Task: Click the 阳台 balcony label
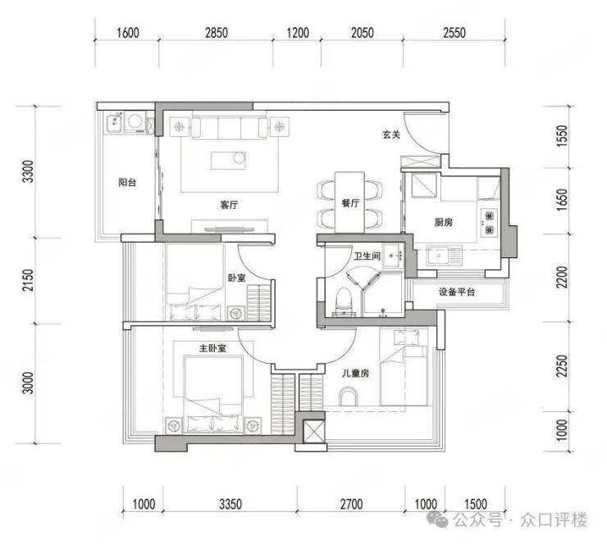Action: coord(127,182)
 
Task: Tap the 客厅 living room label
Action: coord(229,205)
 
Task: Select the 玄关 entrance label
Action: coord(391,134)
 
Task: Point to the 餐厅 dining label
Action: coord(350,203)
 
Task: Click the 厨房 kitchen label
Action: coord(443,222)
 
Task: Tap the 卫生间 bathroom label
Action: coord(367,256)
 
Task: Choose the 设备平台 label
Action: coord(456,292)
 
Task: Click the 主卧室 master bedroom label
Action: coord(212,348)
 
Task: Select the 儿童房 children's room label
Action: coord(355,373)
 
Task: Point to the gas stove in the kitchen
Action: coord(490,222)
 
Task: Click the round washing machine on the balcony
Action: coord(135,121)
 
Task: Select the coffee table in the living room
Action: coord(228,160)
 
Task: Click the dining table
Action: coord(349,202)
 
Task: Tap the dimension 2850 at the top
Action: coord(217,33)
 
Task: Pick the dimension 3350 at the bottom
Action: coord(230,504)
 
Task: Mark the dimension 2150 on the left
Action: coord(28,281)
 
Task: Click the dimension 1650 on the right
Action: coord(562,200)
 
